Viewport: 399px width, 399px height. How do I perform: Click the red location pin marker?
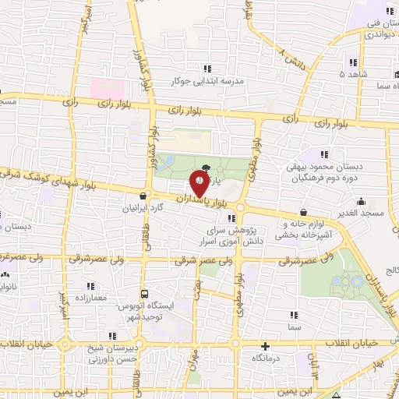point(199,184)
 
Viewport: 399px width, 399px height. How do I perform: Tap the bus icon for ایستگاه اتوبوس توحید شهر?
point(144,294)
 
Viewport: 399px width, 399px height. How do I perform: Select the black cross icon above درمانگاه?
point(266,346)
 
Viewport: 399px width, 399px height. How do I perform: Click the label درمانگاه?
point(266,357)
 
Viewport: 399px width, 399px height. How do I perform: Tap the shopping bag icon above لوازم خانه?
point(302,212)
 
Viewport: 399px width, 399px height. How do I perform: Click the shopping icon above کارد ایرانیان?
point(141,196)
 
